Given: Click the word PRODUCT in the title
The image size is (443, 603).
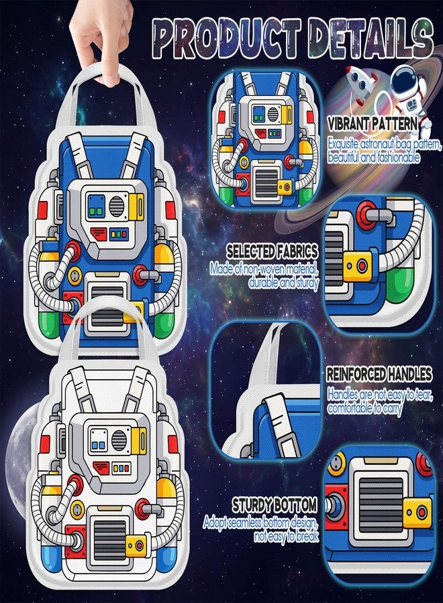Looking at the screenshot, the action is coord(227,38).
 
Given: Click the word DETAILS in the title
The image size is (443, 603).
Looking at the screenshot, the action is coord(371,38).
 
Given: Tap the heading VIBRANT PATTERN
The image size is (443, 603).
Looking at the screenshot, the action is coord(373,124).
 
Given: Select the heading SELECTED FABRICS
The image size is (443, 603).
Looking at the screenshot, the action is coord(273,251).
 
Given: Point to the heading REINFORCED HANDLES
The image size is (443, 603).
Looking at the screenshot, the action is coord(379,374).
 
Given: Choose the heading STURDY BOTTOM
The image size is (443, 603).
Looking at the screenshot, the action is coord(275,505).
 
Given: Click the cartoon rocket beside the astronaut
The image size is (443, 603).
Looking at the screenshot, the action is coord(360,84).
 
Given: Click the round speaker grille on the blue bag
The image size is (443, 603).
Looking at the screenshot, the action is coord(116,206).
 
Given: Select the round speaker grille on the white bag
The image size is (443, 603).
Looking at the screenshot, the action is coord(119,440).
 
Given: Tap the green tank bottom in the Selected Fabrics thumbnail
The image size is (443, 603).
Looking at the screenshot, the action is coord(401,285).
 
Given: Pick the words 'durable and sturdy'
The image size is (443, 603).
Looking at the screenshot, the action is coord(284,283).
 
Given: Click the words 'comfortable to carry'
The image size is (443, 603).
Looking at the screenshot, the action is coord(364,408).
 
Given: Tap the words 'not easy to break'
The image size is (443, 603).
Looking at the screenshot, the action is coord(286,536).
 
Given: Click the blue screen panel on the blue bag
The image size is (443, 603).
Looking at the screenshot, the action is coord(96,206).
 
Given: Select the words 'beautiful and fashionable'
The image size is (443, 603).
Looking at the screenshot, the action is coord(374,157).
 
